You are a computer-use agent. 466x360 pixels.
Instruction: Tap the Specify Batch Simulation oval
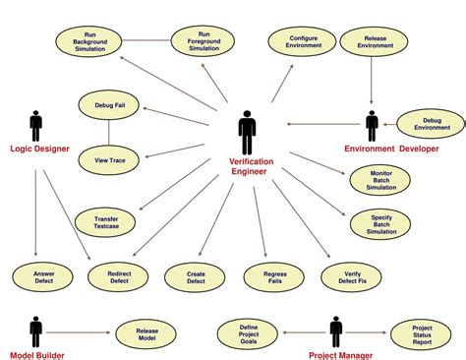pos(382,223)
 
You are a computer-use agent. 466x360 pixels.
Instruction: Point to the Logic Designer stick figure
pos(36,126)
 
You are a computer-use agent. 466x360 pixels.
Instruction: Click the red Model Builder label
pos(36,354)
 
